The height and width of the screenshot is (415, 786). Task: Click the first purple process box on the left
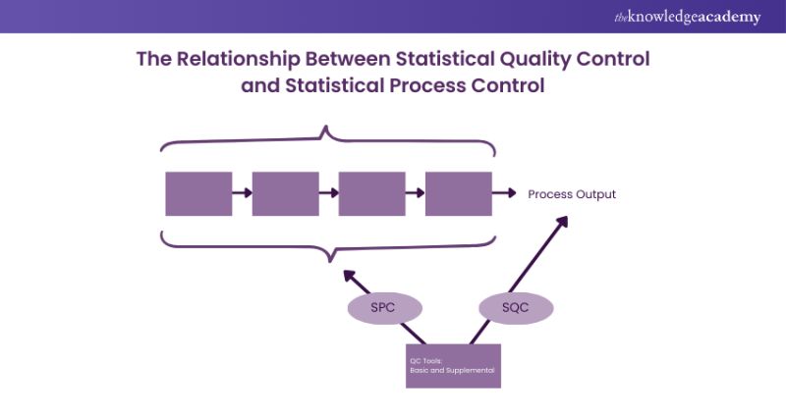coord(198,193)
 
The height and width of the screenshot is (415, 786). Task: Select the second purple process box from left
coord(285,193)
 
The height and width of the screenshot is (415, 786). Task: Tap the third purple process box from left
coord(371,193)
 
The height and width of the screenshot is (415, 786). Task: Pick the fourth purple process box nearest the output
coord(458,193)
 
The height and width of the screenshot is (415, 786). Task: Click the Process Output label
coord(572,194)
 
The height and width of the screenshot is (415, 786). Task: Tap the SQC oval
coord(516,308)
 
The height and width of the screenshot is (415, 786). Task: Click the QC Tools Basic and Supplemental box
coord(453,365)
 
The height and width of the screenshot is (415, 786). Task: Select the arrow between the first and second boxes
coord(242,193)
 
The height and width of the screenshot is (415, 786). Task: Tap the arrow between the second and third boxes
coord(328,193)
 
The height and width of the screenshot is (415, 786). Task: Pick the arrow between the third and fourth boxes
coord(415,193)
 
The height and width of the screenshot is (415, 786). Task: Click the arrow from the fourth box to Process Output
coord(505,193)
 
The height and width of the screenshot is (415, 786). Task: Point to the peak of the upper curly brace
coord(328,130)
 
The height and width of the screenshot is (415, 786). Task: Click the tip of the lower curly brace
coord(328,261)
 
